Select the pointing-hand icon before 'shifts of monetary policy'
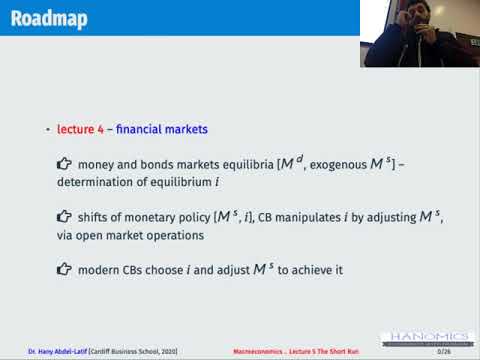tap(65, 216)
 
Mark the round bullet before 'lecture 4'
tap(47, 130)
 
